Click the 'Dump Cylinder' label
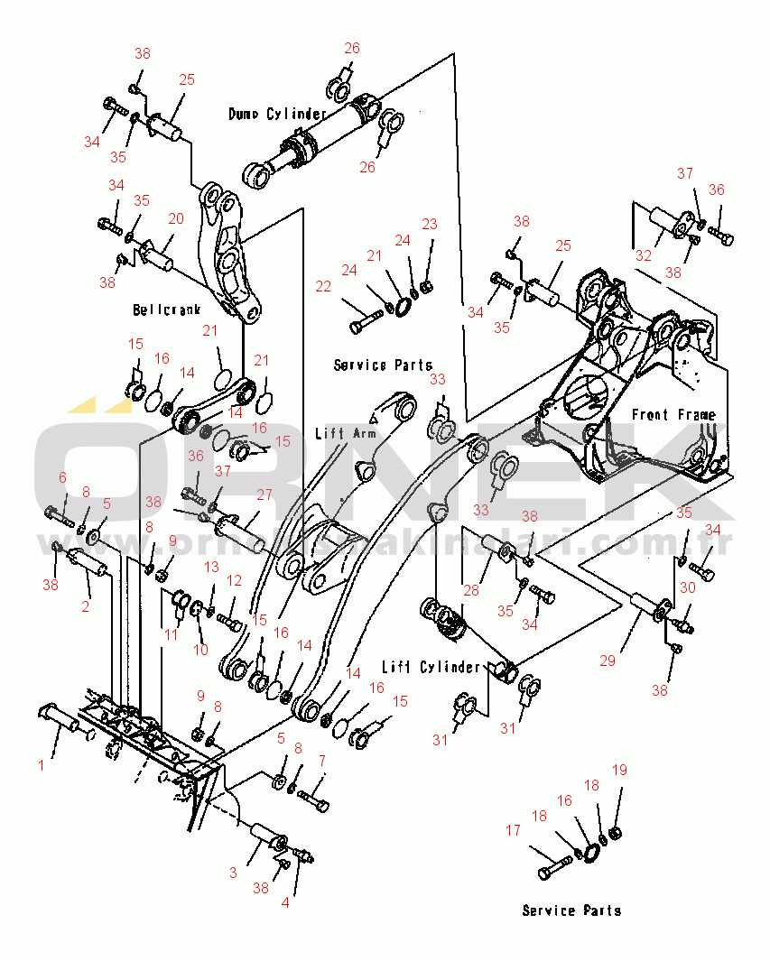277,114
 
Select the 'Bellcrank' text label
167,310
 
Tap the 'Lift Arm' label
345,433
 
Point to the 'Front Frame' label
673,415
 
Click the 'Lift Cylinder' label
430,667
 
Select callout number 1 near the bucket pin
41,765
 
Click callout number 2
86,606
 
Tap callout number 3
233,873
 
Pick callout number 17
513,830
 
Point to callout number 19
619,770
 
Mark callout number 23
430,224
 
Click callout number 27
264,494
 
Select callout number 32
643,255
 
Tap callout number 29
608,661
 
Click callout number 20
175,218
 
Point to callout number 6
62,476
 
